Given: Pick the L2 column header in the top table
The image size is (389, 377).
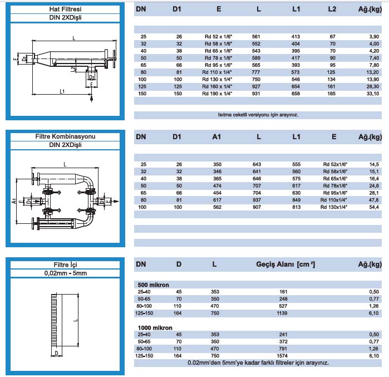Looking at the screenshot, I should click(332, 9).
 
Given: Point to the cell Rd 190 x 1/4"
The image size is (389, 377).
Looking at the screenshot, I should click(220, 94).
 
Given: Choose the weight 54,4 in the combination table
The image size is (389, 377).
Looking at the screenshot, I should click(374, 207).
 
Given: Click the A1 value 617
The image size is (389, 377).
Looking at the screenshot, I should click(217, 199).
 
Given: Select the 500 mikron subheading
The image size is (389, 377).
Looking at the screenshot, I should click(154, 285).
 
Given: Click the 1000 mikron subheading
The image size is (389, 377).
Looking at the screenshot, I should click(155, 327).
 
